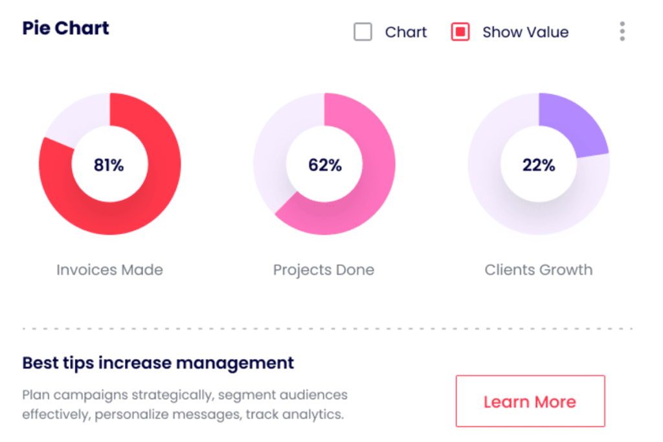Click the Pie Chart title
[65, 28]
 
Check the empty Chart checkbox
[363, 32]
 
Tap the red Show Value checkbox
[460, 32]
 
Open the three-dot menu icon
[622, 31]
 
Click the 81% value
[109, 165]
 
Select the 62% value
[324, 165]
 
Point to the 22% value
[539, 165]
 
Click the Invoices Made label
[109, 269]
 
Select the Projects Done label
[324, 269]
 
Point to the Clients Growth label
[539, 269]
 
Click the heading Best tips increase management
[158, 362]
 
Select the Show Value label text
[525, 32]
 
